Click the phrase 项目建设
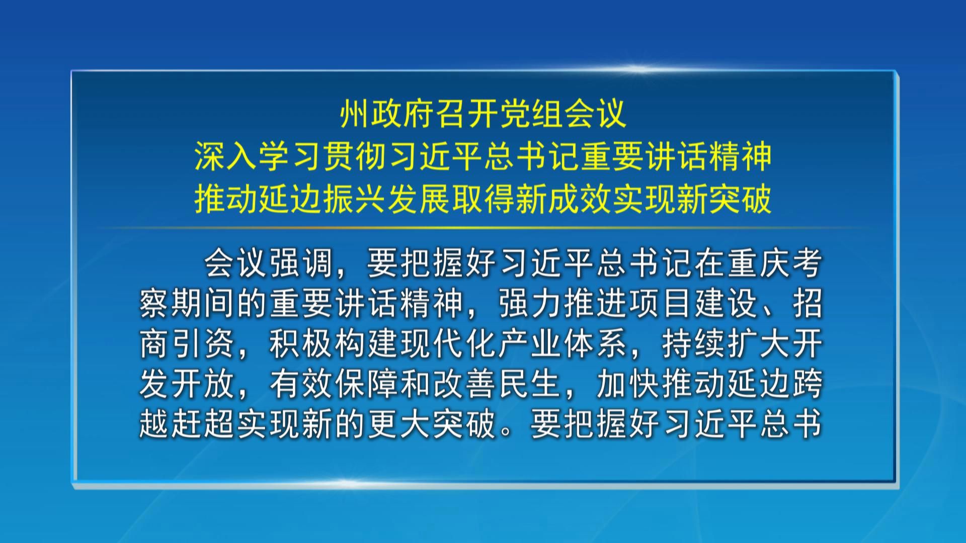692,304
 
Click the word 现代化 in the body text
447,344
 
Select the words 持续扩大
725,344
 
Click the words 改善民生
496,385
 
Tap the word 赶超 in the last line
204,425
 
